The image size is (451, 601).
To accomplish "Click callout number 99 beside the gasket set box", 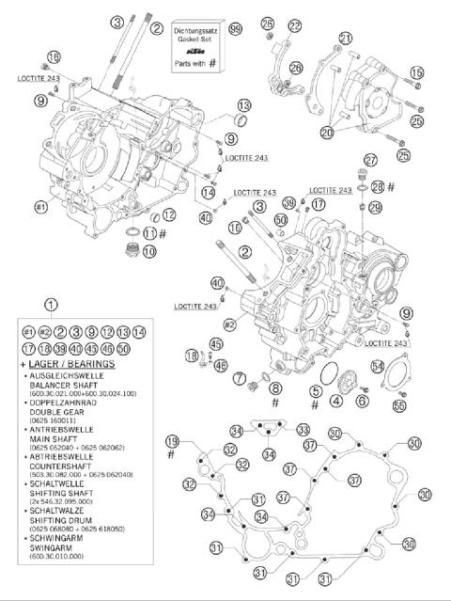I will point(235,30).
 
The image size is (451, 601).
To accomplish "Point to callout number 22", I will point(296,25).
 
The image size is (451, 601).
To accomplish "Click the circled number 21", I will point(346,39).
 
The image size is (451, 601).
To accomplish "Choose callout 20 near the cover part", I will point(326,133).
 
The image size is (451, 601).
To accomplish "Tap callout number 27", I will point(371,160).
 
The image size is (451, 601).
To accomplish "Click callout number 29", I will point(375,207).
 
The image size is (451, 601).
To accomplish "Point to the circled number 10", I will point(149,252).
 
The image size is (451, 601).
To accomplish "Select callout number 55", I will point(399,405).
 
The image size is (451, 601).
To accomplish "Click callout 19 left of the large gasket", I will point(172,441).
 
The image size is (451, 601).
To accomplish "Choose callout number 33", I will point(303,430).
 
